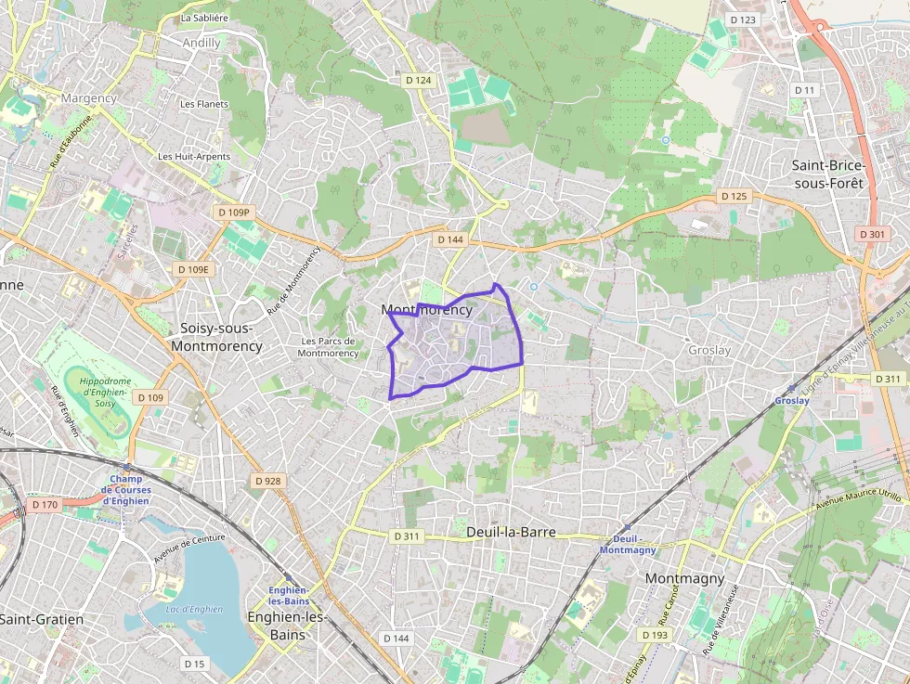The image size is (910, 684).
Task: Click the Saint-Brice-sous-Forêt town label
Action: tap(827, 174)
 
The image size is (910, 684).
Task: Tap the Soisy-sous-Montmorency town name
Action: tap(221, 337)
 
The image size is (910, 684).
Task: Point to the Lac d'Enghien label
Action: tap(194, 609)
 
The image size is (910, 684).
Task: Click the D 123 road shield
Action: tap(743, 19)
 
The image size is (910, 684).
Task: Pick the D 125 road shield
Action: tap(734, 196)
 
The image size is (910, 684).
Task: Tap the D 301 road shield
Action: tap(872, 234)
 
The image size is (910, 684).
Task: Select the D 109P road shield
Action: tap(233, 213)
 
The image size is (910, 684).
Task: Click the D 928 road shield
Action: tap(267, 481)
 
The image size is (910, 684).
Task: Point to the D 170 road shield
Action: tap(44, 505)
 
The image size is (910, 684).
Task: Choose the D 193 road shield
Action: tap(655, 635)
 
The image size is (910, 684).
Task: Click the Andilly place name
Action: tap(201, 43)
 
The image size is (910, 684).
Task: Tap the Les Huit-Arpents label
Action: tap(194, 157)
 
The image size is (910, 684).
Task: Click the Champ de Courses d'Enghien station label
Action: tap(125, 490)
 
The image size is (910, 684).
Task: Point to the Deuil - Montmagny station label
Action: tap(628, 544)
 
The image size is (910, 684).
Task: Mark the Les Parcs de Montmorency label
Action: tap(329, 347)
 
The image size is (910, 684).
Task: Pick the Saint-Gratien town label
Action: tap(42, 619)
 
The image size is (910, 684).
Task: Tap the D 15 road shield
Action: tap(194, 664)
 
